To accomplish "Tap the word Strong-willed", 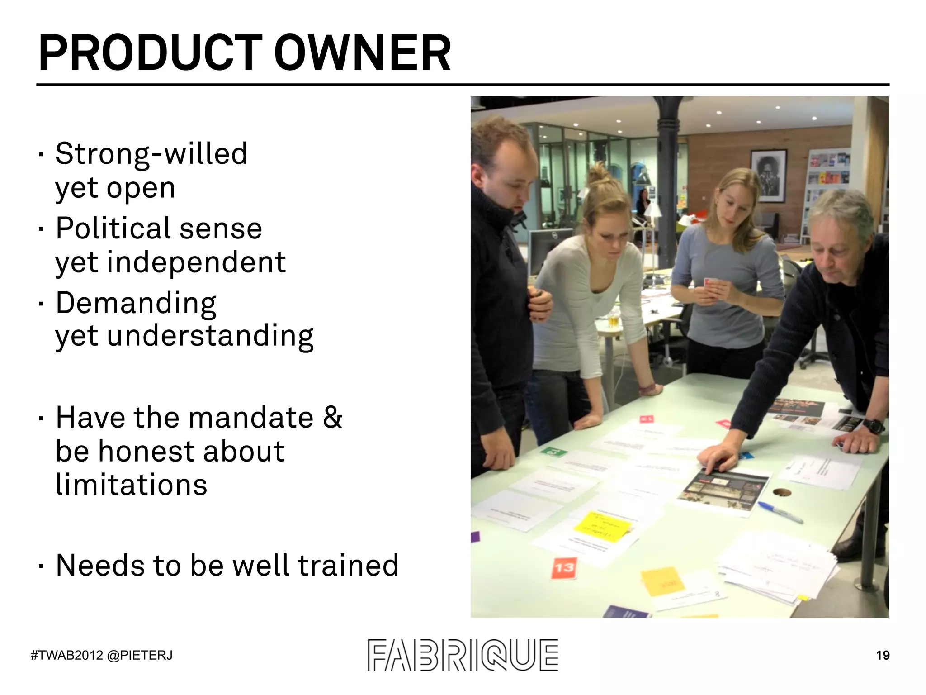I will coord(151,154).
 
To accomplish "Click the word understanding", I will coord(210,336).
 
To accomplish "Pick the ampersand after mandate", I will coord(332,417).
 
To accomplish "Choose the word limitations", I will coord(131,485).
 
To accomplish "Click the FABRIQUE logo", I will coord(463,655).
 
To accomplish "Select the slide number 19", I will coord(883,655).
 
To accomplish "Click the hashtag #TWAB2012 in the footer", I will coord(67,655).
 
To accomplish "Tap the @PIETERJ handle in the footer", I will coord(140,655).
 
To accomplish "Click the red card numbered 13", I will coord(564,568).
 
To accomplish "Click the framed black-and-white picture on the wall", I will coord(768,175).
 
